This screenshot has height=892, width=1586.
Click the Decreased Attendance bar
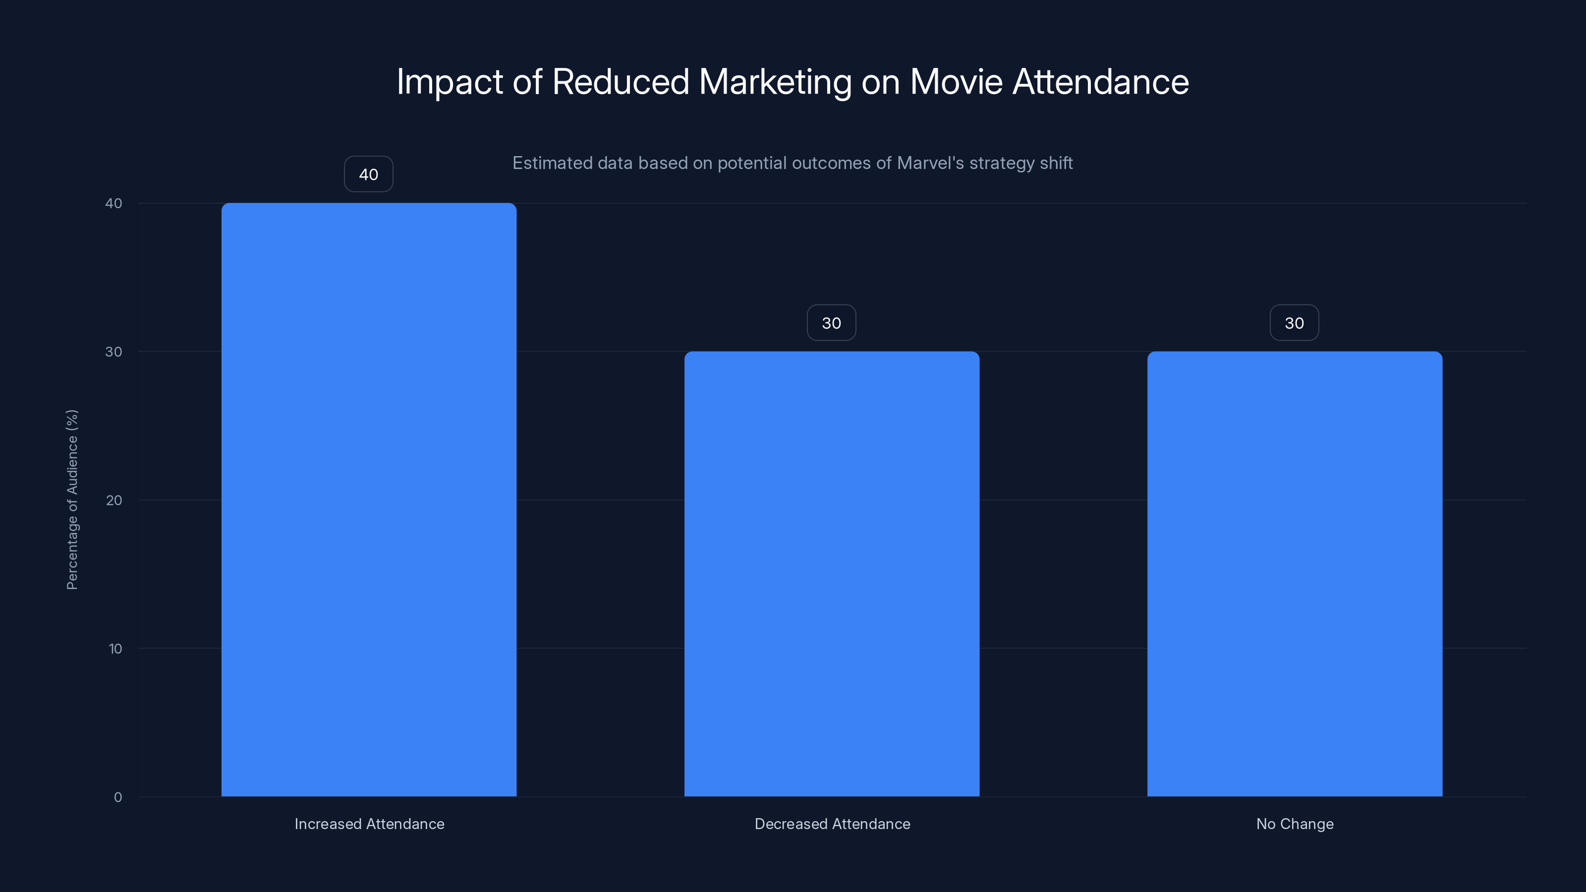tap(832, 574)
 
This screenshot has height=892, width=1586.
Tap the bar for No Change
tap(1295, 574)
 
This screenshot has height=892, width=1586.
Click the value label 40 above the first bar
tap(369, 174)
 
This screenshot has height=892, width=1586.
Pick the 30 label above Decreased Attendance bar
tap(832, 323)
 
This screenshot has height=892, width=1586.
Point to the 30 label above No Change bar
tap(1295, 323)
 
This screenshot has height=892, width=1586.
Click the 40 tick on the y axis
tap(114, 203)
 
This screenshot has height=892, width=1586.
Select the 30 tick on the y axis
tap(114, 351)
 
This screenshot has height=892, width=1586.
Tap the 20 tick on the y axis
tap(114, 500)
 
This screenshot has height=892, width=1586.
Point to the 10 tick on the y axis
tap(115, 648)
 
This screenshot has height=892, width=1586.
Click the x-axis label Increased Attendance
tap(369, 824)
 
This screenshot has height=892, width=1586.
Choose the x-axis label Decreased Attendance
tap(833, 824)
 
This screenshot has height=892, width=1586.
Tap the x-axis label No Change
tap(1295, 824)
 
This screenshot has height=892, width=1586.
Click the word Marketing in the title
tap(775, 82)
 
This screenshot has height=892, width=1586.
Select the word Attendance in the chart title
tap(1100, 82)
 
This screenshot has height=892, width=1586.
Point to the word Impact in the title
tap(450, 82)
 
